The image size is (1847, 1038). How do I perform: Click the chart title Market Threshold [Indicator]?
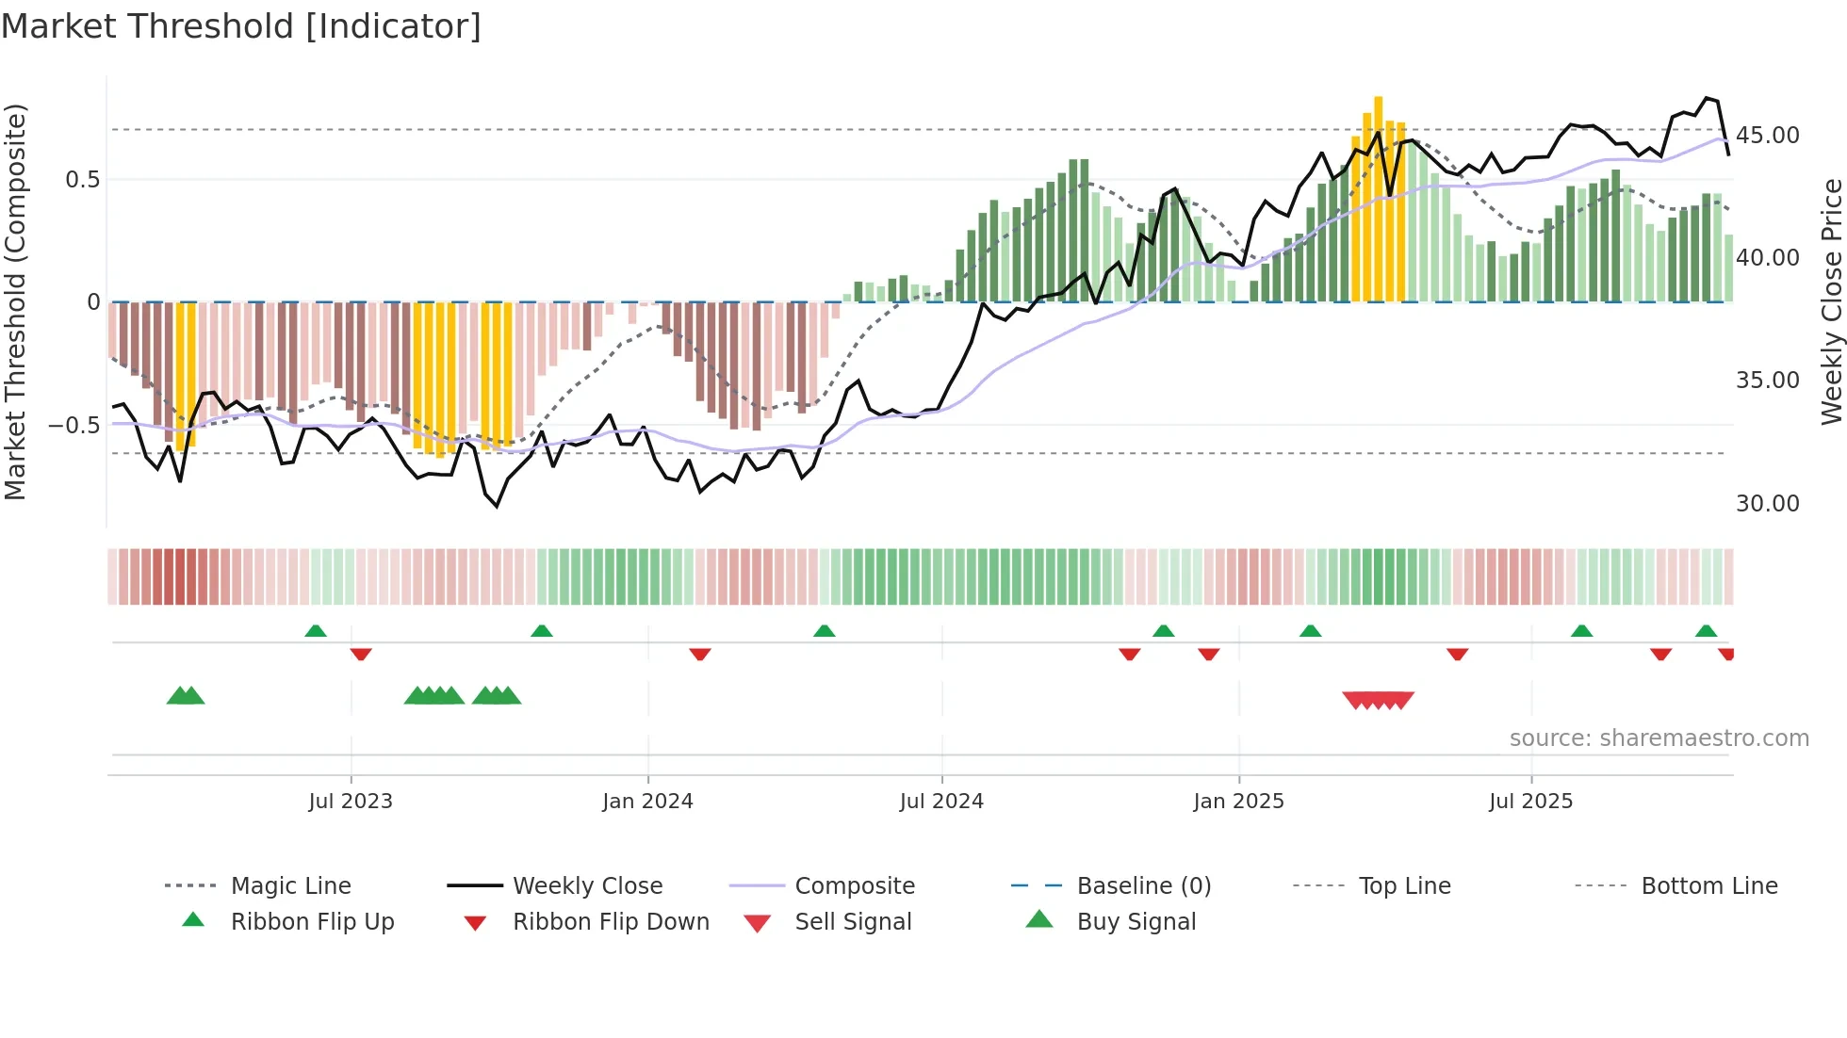tap(241, 26)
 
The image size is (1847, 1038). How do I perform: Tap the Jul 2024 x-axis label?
tap(941, 801)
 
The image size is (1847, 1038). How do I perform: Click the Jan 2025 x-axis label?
tap(1238, 801)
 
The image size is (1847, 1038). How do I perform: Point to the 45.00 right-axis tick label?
tap(1767, 136)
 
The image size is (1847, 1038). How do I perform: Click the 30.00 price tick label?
tap(1767, 504)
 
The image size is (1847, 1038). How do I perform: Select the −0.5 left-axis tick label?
tap(74, 426)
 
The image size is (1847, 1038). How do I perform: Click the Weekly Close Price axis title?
tap(1831, 301)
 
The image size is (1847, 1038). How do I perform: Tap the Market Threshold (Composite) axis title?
tap(15, 301)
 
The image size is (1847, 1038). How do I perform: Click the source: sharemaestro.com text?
tap(1659, 738)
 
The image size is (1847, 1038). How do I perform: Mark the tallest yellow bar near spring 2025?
tap(1378, 198)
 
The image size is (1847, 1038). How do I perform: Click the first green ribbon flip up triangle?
tap(316, 631)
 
